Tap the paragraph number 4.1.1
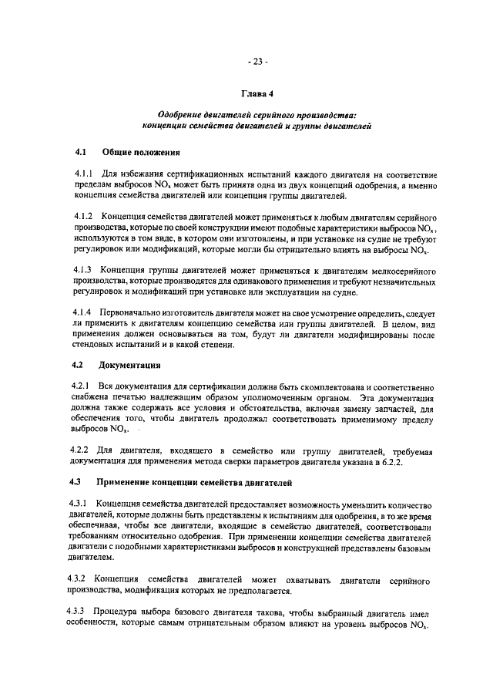82,175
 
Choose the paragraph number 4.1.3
82,270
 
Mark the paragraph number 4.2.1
82,385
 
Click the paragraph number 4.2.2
82,449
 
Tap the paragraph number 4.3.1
82,504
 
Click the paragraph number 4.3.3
82,612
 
